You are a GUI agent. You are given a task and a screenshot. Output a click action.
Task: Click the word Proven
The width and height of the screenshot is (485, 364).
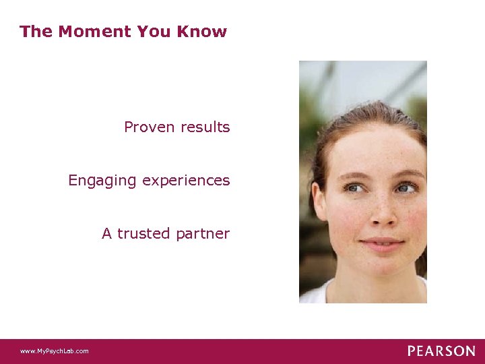point(148,127)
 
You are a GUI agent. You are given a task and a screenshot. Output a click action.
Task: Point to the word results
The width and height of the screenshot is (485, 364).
point(203,127)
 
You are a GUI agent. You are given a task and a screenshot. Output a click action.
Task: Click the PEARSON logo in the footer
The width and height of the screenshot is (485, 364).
point(441,351)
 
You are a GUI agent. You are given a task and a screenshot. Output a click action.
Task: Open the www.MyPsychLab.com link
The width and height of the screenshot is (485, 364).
point(54,351)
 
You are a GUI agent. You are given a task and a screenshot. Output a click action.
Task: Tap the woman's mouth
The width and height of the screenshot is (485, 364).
point(381,242)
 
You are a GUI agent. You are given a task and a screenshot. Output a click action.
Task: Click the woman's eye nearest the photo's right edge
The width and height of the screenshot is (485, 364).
point(406,189)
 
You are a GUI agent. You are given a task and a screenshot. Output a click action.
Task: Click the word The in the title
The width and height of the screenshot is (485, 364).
point(36,32)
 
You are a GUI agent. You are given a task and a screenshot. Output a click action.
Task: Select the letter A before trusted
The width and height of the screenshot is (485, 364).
point(106,234)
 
